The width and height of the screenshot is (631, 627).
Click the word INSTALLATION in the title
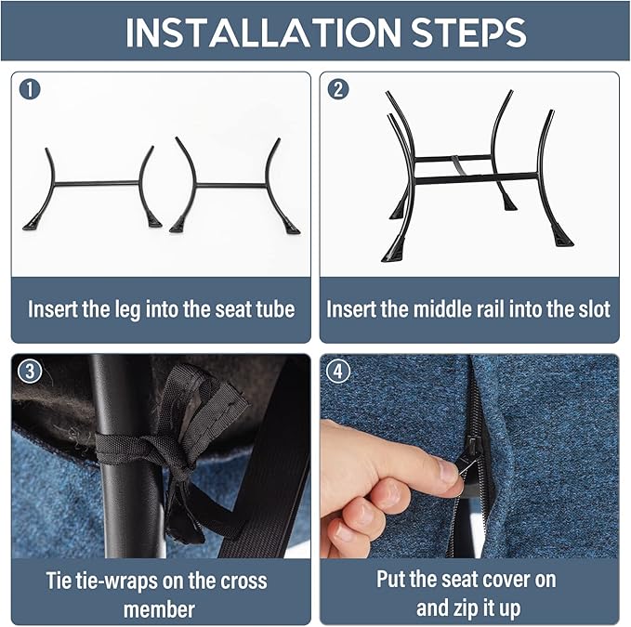(263, 33)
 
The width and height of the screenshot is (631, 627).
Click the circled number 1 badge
(30, 89)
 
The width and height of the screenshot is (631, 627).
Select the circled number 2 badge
(338, 89)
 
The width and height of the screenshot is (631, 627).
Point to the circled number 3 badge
(30, 372)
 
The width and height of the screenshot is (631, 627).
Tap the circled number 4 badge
(338, 372)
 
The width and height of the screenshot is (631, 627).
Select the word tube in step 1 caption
(275, 309)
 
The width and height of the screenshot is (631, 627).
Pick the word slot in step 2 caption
(593, 309)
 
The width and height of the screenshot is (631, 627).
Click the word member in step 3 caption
(159, 609)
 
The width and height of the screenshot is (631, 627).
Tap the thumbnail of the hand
(447, 471)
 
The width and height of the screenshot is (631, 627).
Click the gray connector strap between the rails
(458, 165)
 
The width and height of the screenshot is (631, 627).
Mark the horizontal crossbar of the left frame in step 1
(97, 184)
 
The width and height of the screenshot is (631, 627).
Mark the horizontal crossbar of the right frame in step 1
(231, 186)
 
